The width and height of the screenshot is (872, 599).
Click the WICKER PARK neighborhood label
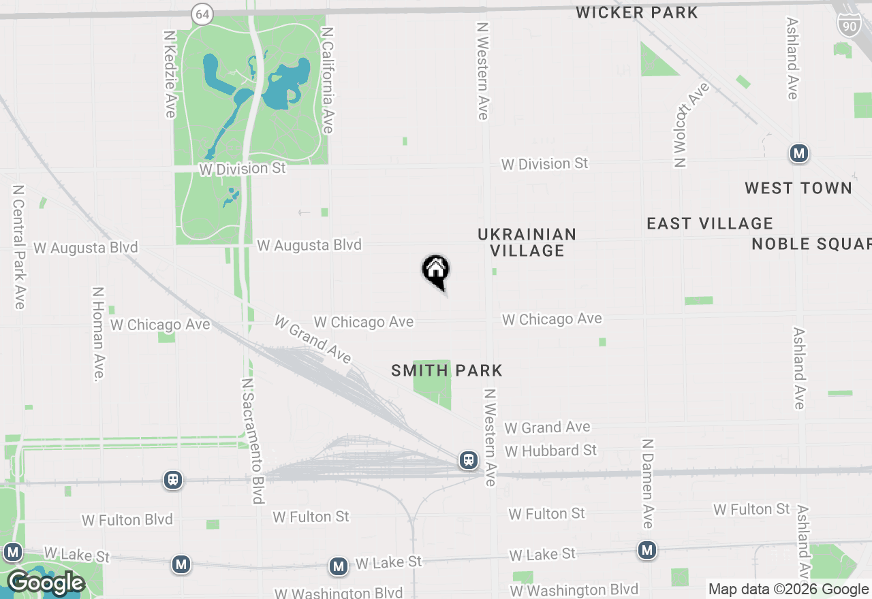[636, 12]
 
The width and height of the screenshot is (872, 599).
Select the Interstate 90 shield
[849, 25]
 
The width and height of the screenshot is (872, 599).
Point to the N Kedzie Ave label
[170, 73]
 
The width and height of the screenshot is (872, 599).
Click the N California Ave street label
[328, 80]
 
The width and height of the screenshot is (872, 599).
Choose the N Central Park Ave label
[18, 246]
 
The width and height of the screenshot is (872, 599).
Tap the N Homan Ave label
[99, 333]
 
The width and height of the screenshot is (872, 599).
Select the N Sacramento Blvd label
[252, 440]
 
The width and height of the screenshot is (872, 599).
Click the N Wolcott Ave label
[690, 125]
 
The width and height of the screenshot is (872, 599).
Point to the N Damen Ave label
[647, 483]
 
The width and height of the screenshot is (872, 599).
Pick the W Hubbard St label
[550, 451]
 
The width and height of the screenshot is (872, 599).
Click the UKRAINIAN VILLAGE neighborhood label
[527, 242]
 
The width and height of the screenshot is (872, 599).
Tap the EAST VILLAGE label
[709, 223]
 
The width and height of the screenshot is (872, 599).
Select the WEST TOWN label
[798, 188]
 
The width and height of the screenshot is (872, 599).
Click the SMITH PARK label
[446, 370]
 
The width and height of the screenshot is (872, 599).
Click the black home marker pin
[436, 272]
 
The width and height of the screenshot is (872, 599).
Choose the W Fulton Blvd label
[127, 520]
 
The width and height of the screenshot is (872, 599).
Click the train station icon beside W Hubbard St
[469, 459]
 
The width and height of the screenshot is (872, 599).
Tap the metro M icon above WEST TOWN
[799, 153]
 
